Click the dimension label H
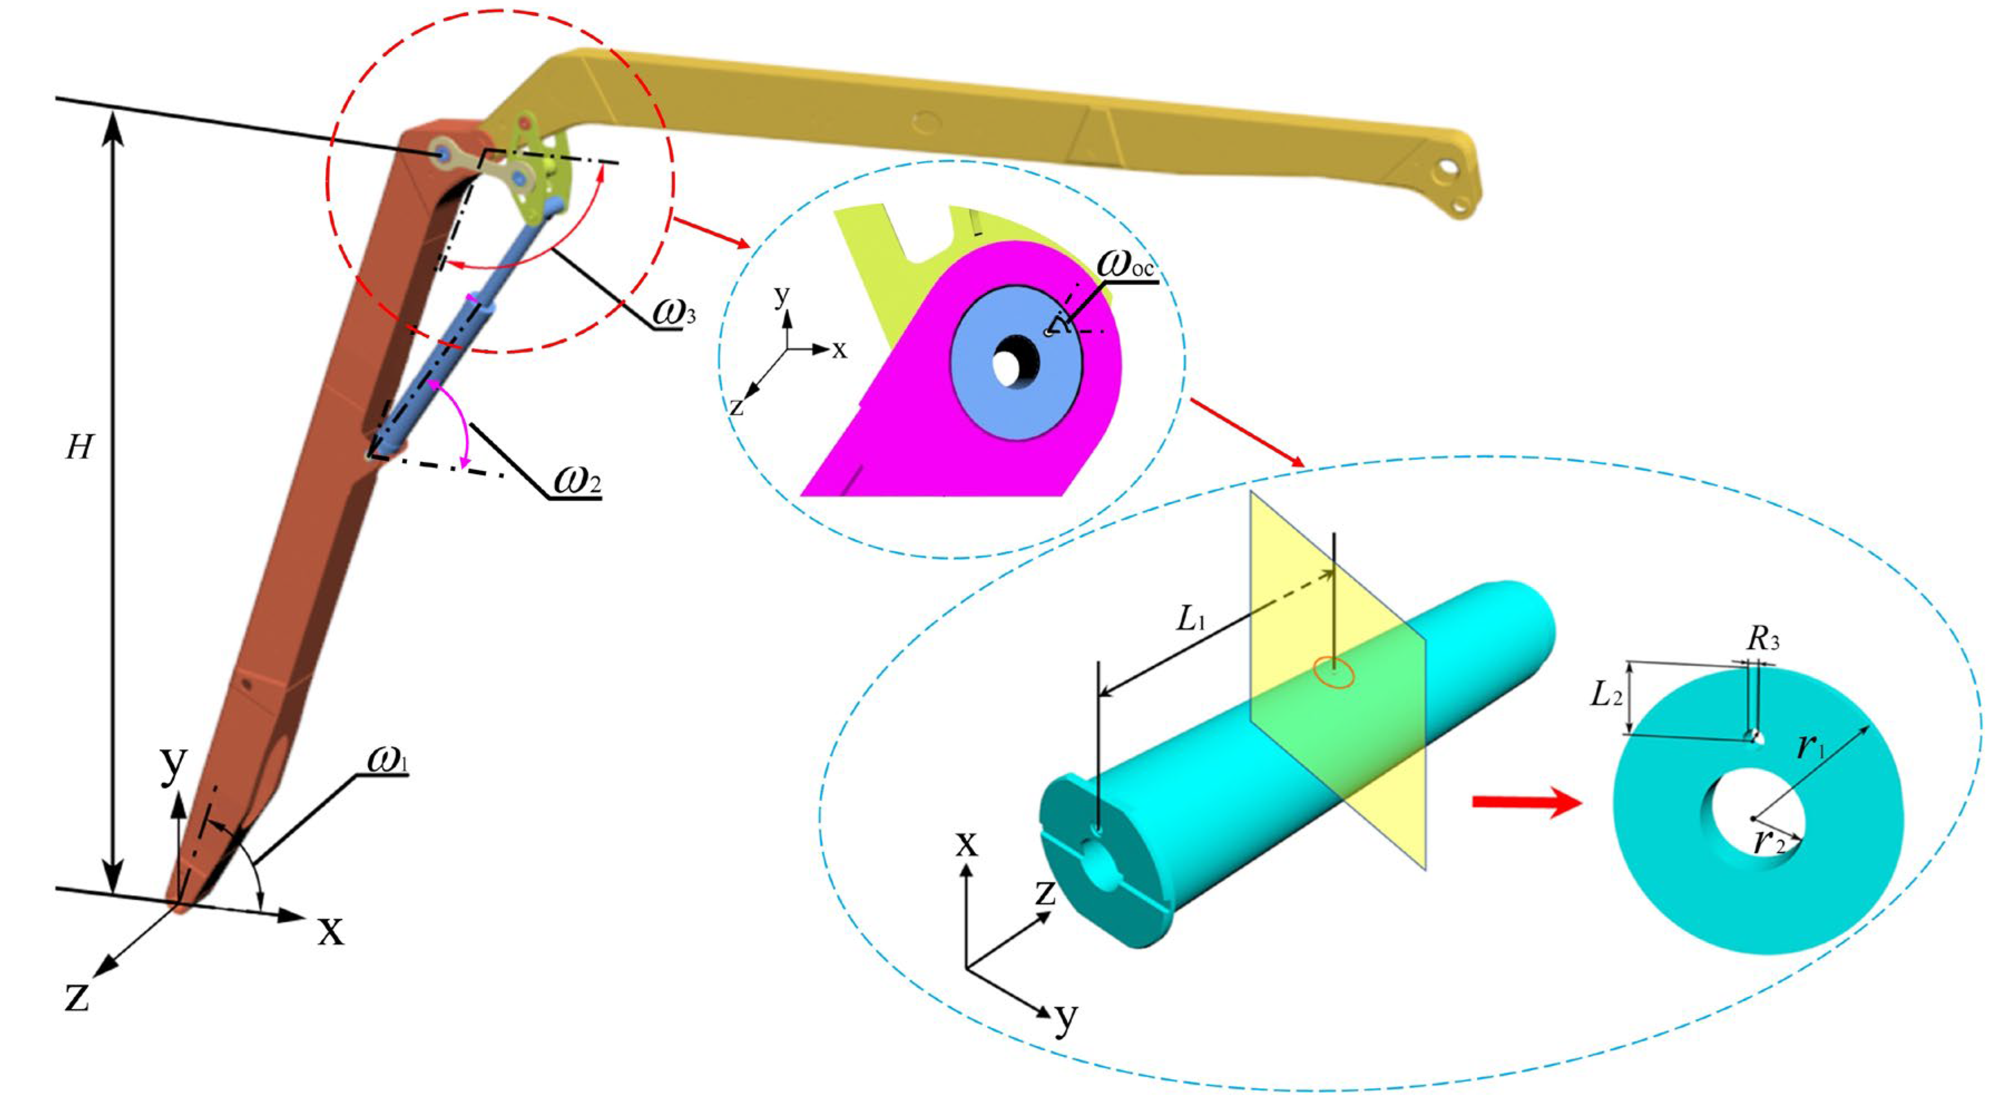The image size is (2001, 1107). [79, 447]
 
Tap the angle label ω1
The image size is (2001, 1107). [388, 760]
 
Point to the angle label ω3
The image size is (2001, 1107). [673, 313]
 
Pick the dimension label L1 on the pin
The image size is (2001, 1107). [1191, 619]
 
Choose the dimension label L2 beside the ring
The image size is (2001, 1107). [1606, 694]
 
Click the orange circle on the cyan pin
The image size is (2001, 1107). [1334, 673]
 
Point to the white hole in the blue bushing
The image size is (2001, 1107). [1007, 367]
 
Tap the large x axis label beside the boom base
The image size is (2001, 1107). [331, 929]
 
